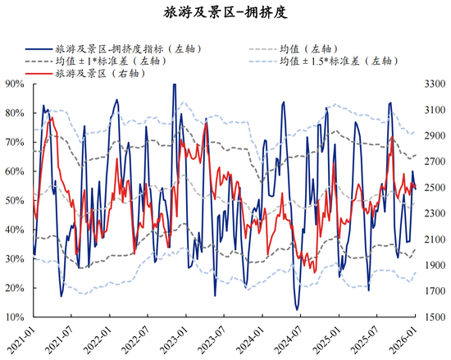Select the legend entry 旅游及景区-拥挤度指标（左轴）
tap(127, 48)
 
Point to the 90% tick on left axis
tap(13, 84)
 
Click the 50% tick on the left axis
tap(13, 200)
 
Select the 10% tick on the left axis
tap(13, 317)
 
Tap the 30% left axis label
tap(13, 259)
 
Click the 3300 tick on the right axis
tap(434, 84)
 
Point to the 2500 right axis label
tap(434, 189)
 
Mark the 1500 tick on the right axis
tap(434, 317)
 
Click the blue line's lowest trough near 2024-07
tap(297, 309)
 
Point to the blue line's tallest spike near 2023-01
tap(174, 84)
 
